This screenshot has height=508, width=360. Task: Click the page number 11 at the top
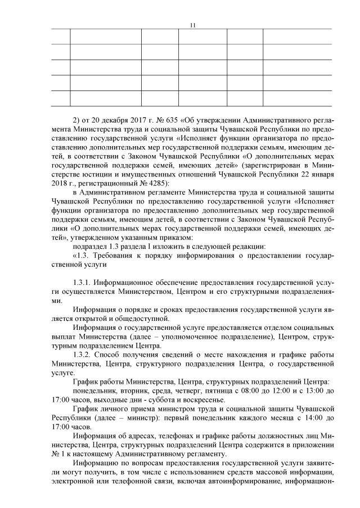point(193,25)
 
